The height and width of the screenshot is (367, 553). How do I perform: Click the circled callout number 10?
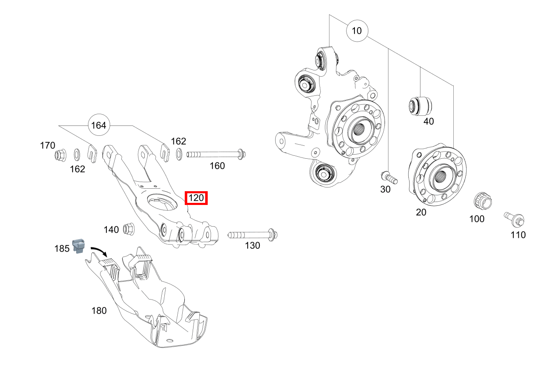[x=357, y=30]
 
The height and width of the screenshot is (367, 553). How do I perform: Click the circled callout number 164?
[x=98, y=125]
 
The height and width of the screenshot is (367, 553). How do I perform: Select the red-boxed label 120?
[x=196, y=198]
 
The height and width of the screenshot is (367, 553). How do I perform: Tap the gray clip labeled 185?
[x=79, y=246]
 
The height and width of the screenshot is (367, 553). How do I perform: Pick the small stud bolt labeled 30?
[x=390, y=177]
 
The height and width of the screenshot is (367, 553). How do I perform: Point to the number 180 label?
[x=99, y=310]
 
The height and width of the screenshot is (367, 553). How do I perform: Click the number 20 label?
[x=421, y=212]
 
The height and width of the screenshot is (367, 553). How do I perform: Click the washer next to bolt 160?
[x=179, y=154]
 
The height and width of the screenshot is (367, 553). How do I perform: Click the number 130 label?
[x=252, y=245]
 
